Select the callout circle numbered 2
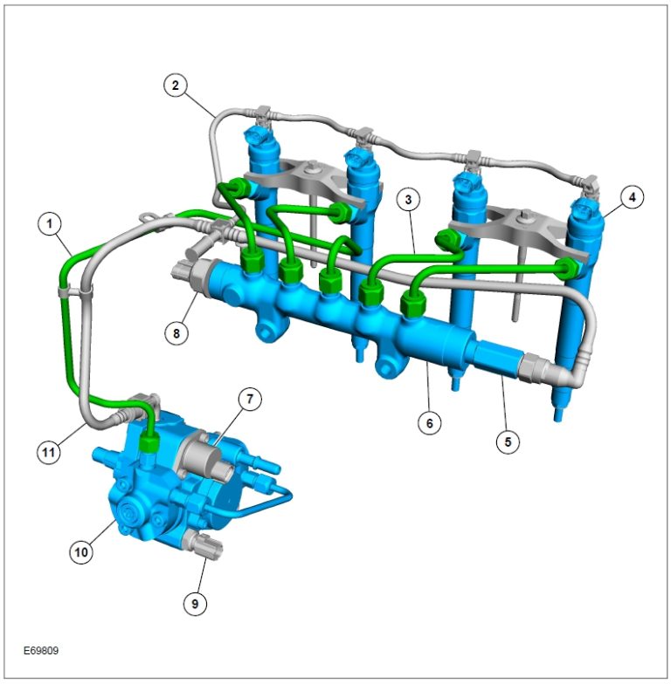coord(176,85)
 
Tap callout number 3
coord(407,199)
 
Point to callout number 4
coord(632,198)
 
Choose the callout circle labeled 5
coord(507,441)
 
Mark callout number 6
coord(429,423)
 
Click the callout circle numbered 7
coord(249,400)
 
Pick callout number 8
coord(176,333)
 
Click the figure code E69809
coord(41,650)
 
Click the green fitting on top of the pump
coord(151,441)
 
